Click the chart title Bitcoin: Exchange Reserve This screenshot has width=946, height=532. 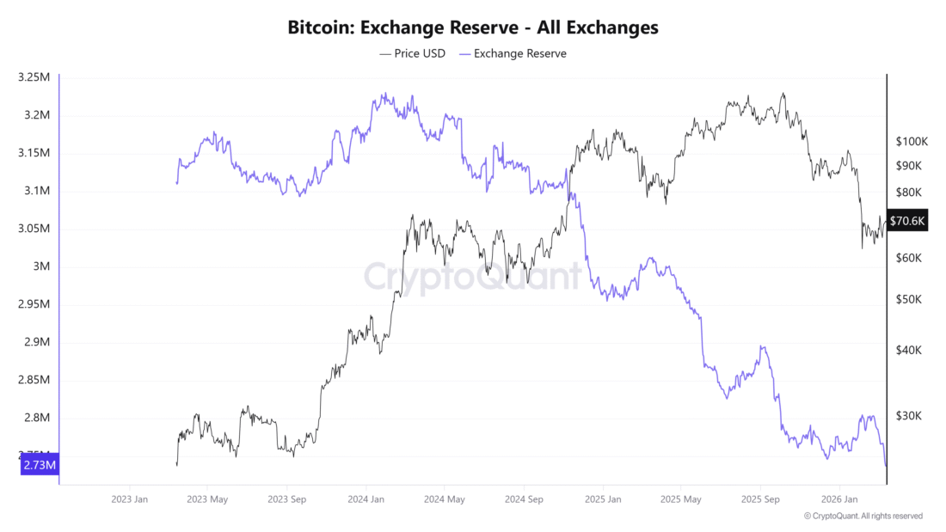click(473, 27)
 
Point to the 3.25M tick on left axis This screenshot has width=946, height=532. click(34, 77)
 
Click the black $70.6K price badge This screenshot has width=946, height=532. click(907, 221)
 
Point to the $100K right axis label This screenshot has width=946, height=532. click(910, 141)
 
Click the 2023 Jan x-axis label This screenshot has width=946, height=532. click(130, 498)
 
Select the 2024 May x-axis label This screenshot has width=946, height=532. click(445, 498)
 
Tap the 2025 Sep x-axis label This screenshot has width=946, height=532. click(761, 498)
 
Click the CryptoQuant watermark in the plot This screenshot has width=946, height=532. click(472, 277)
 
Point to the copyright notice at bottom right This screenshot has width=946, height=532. click(863, 516)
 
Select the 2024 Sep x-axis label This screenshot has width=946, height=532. click(524, 498)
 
